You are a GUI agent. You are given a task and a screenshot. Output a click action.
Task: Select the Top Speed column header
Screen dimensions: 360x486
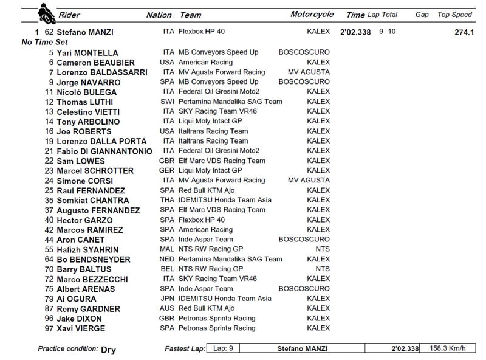[454, 15]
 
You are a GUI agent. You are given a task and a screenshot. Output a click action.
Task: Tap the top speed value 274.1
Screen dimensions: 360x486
[464, 32]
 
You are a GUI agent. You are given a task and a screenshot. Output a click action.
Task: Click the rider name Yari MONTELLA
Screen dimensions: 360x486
[87, 53]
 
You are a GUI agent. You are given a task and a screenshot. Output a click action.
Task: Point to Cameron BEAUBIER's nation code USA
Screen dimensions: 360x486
[167, 63]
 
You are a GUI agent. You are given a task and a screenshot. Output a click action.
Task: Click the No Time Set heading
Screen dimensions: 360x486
[46, 43]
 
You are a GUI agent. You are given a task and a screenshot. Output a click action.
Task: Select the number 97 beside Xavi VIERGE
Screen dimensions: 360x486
[49, 328]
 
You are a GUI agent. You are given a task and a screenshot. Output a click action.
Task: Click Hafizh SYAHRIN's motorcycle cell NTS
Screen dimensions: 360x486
[323, 249]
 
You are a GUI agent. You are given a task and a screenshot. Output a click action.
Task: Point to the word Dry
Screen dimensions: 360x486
[108, 350]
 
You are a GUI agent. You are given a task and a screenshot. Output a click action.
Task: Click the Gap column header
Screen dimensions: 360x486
[422, 15]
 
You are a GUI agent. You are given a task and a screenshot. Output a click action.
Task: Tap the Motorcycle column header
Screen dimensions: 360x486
[312, 15]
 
